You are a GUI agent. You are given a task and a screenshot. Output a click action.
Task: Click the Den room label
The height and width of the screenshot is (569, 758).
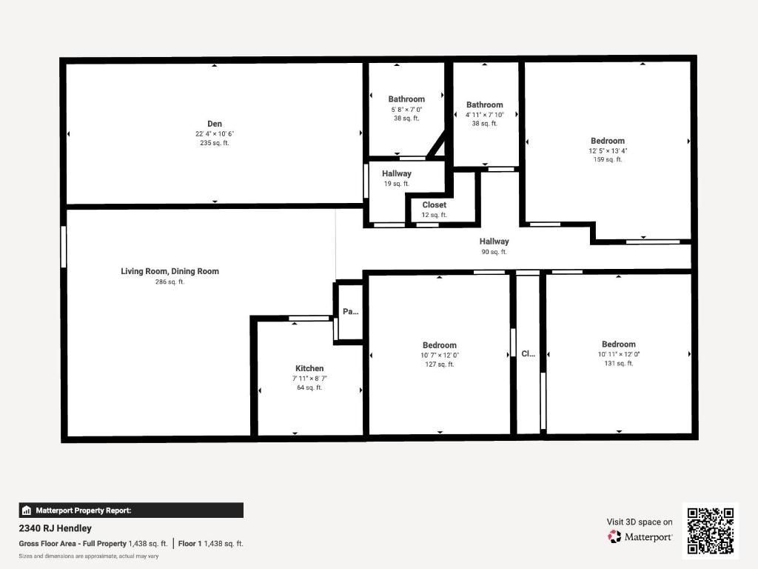click(x=215, y=124)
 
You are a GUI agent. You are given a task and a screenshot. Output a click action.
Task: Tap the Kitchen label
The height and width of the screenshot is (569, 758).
click(x=309, y=368)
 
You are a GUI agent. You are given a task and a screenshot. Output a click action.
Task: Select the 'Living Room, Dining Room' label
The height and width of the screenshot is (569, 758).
click(x=170, y=271)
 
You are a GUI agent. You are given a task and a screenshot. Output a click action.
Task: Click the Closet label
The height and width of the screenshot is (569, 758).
click(x=435, y=205)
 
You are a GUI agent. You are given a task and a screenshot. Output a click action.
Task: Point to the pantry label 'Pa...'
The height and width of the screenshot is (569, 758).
click(x=350, y=312)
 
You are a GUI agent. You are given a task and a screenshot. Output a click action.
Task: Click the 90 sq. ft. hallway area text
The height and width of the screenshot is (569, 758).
click(x=494, y=252)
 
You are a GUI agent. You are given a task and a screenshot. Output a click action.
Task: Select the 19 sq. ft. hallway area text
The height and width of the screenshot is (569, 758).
click(x=397, y=184)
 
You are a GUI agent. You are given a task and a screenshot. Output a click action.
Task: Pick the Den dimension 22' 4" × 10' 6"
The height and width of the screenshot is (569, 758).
click(x=215, y=134)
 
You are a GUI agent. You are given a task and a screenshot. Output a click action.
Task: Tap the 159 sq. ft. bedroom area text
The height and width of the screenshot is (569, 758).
click(x=608, y=159)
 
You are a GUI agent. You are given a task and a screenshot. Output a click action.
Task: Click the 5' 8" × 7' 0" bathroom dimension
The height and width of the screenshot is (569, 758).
click(x=406, y=110)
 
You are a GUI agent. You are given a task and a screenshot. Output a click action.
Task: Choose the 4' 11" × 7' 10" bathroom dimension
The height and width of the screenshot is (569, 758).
click(x=485, y=115)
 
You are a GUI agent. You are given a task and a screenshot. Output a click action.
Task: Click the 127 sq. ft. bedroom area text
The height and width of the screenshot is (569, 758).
click(x=440, y=364)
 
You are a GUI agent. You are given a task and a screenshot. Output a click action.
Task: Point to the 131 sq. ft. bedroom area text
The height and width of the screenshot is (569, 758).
click(x=619, y=363)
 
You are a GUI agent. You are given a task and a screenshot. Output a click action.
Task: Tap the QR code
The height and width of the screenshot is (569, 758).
click(x=711, y=530)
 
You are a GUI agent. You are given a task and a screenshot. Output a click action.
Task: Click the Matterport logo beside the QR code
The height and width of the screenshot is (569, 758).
click(x=640, y=536)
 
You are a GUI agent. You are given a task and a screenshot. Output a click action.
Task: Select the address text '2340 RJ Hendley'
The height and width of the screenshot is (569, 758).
click(x=56, y=528)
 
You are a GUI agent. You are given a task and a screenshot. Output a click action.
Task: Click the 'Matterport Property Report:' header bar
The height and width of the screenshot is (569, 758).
click(x=131, y=510)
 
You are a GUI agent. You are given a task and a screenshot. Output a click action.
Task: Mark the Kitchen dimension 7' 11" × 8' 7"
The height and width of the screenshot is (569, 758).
click(x=309, y=379)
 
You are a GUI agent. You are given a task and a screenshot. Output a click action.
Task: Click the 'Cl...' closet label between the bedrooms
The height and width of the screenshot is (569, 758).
click(x=528, y=354)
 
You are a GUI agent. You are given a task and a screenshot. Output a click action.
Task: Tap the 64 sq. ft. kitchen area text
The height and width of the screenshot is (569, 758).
click(x=309, y=387)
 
